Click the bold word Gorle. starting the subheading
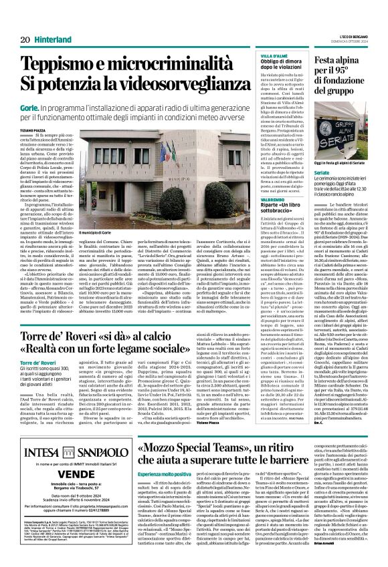pos(27,106)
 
